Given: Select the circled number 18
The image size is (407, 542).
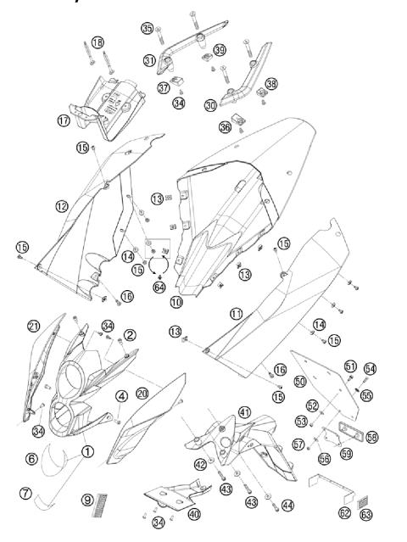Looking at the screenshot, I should coord(98,42).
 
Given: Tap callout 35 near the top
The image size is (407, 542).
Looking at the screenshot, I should coord(148,29).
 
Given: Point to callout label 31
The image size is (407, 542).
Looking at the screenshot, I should coord(149,60).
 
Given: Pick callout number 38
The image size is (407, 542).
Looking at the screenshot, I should coord(271,84).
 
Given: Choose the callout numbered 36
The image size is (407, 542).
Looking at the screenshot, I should coord(225,126).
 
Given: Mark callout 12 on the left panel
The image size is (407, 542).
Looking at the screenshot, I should coord(61,206).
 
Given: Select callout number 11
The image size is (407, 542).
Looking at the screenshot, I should coord(237,314).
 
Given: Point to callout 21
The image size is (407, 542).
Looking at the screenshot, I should coord(33,327).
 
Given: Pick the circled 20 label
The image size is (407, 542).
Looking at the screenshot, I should coord(142,394).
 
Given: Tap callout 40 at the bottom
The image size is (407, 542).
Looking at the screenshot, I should coord(195,514).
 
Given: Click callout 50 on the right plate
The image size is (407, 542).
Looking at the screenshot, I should coord(299,383).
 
